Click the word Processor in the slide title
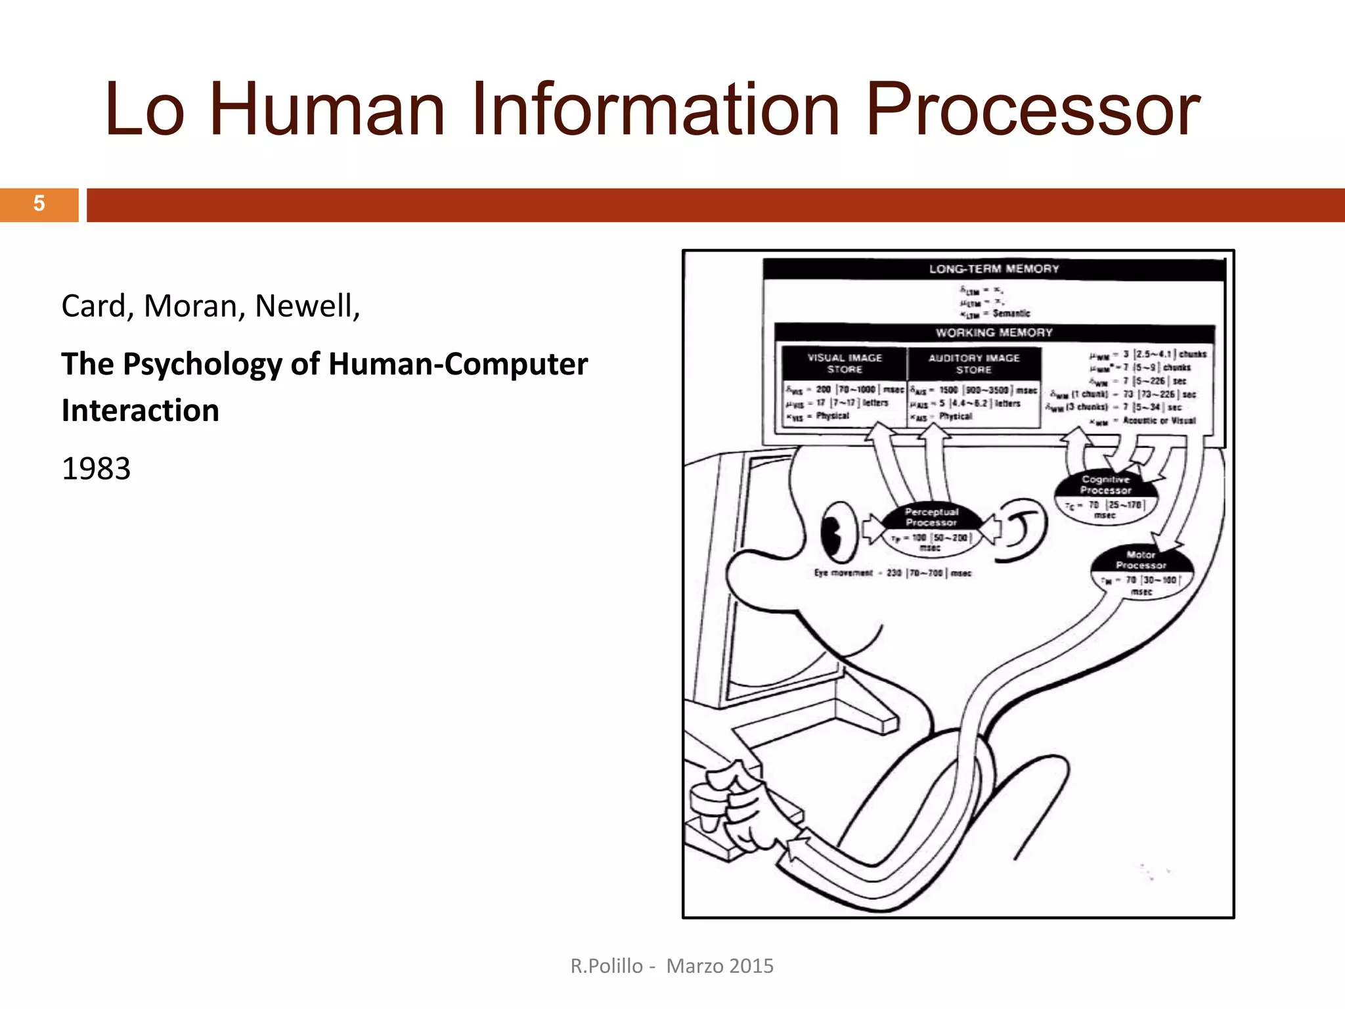[1032, 110]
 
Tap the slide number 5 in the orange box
[39, 204]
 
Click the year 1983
[96, 469]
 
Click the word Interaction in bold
[141, 411]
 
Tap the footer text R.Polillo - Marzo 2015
[672, 966]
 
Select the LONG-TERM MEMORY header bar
[994, 269]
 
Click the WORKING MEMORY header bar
[994, 332]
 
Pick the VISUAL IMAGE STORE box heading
[845, 363]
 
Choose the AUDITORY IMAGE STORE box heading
[973, 363]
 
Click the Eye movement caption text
[844, 573]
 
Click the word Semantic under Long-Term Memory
[1011, 313]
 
